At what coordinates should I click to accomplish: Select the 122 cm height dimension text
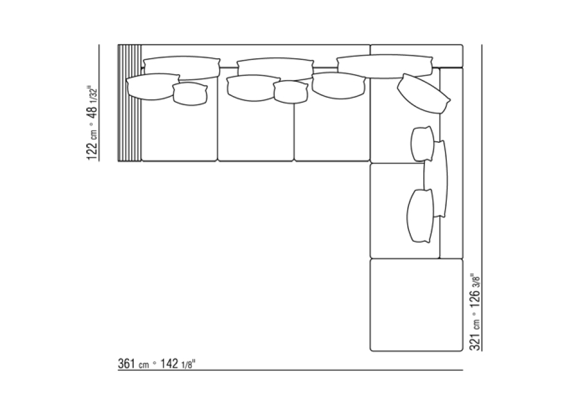point(92,143)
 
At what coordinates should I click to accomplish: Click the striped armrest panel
point(129,103)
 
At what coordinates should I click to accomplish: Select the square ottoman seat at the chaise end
point(416,305)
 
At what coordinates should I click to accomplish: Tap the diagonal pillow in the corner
point(423,94)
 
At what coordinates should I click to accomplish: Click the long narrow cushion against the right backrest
point(436,179)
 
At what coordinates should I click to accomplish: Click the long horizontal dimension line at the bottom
point(291,370)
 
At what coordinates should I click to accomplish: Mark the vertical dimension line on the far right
point(482,198)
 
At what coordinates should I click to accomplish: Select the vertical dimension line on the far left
point(99,103)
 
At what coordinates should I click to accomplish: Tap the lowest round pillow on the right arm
point(420,215)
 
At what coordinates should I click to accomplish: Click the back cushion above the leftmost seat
point(182,68)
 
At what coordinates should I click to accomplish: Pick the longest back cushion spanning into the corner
point(385,67)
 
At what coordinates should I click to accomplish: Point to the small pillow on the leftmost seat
point(190,94)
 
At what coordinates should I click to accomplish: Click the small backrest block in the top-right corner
point(416,56)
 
